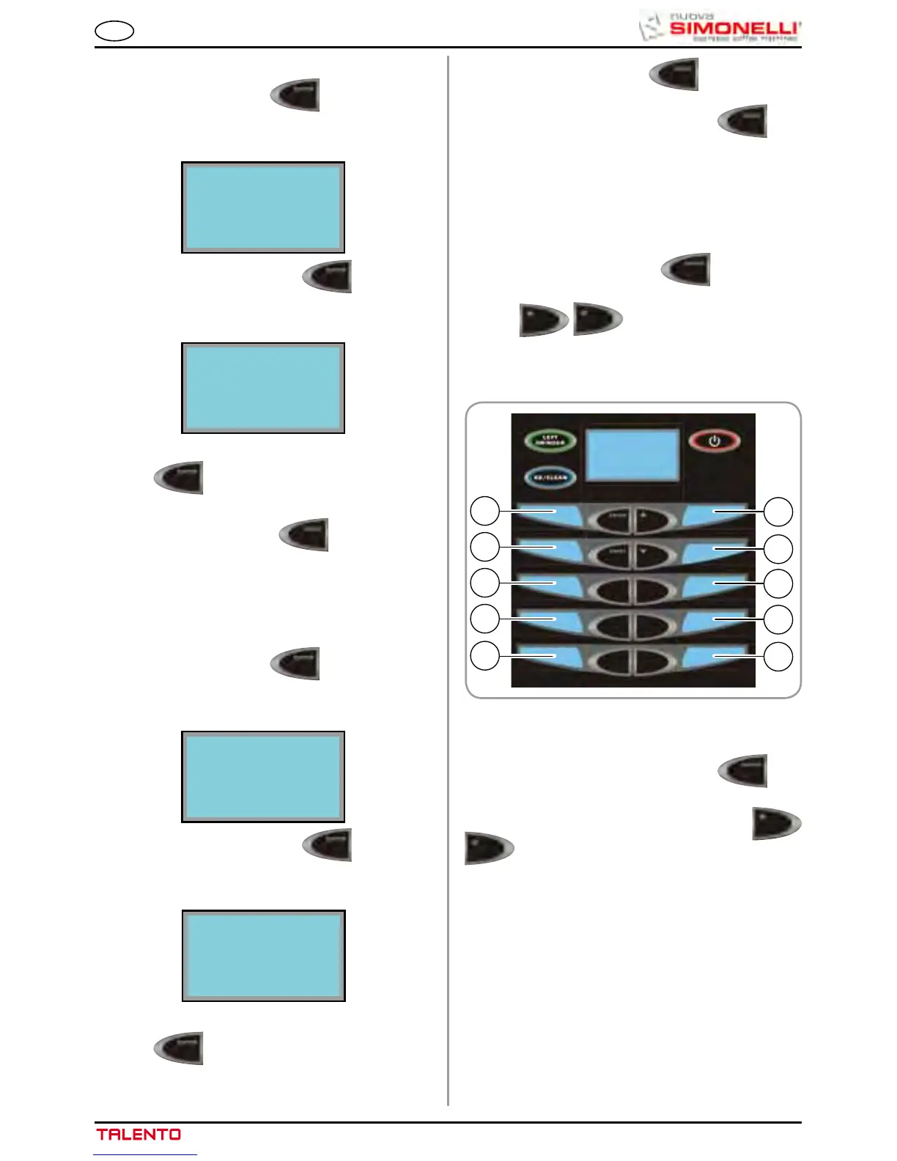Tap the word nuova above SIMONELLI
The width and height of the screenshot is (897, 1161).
(x=693, y=15)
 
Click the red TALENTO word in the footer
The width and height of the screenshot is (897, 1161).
(x=139, y=1135)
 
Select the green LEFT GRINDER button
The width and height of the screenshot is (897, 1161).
(x=550, y=441)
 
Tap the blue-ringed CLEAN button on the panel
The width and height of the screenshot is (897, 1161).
(x=550, y=477)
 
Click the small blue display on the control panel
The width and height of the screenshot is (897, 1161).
(x=633, y=455)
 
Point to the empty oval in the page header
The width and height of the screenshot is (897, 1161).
(x=114, y=31)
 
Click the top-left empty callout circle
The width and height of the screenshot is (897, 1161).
(x=484, y=511)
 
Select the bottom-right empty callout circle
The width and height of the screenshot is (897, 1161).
(x=778, y=657)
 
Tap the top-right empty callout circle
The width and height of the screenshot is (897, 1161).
(x=778, y=512)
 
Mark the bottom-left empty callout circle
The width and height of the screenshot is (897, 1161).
(x=484, y=656)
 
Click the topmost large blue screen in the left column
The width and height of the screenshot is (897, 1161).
(x=263, y=207)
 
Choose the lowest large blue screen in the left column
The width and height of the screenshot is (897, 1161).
(x=264, y=957)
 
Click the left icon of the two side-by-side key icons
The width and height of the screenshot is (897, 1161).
(x=543, y=320)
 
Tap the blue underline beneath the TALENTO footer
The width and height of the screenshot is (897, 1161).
(x=145, y=1155)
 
